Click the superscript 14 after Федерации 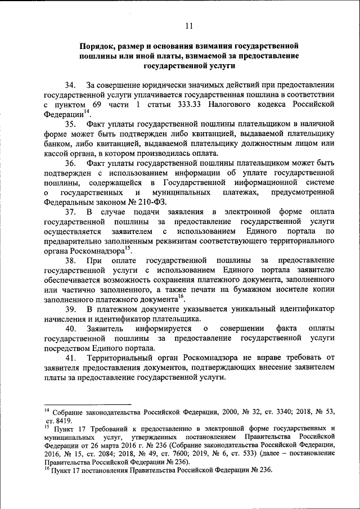pos(87,112)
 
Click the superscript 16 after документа pos(181,296)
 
